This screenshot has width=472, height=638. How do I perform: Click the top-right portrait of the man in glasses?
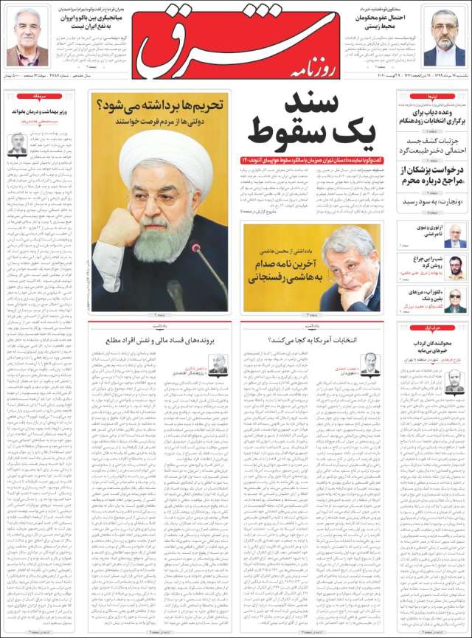[445, 37]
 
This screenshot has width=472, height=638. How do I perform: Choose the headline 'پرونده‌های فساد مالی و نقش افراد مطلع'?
[160, 341]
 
